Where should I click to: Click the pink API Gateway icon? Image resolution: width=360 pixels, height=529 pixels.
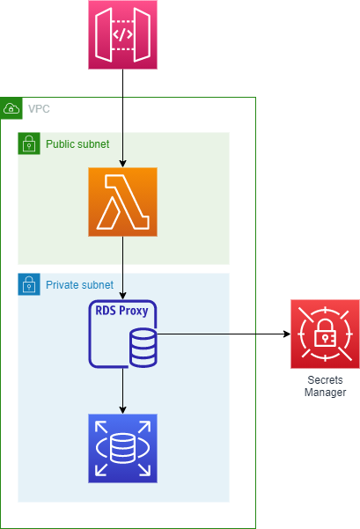click(123, 34)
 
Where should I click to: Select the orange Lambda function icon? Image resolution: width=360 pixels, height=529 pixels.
click(123, 202)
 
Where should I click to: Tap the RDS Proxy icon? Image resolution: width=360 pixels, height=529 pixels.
click(123, 334)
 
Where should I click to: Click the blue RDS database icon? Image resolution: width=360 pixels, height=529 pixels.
click(123, 448)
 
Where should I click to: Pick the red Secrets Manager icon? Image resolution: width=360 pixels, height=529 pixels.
click(326, 334)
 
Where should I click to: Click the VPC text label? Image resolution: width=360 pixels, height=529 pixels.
click(39, 109)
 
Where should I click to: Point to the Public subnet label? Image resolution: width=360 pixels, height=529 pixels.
click(77, 144)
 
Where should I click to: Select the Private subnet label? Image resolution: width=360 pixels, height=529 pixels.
click(79, 284)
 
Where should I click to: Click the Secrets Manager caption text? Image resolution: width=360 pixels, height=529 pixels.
click(326, 386)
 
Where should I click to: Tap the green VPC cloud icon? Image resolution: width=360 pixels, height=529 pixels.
click(11, 108)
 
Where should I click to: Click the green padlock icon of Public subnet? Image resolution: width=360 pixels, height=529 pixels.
click(29, 143)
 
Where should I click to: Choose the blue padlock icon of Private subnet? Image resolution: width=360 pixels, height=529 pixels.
click(29, 284)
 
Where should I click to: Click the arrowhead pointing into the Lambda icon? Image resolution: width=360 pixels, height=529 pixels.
click(123, 164)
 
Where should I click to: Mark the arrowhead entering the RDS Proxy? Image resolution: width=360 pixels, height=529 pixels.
click(123, 296)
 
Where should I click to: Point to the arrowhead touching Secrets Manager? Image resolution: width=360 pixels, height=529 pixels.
click(287, 334)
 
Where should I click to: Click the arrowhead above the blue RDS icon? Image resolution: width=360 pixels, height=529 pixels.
click(123, 410)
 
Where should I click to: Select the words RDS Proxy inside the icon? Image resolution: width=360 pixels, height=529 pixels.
click(121, 311)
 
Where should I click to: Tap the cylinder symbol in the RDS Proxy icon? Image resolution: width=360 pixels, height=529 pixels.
click(143, 348)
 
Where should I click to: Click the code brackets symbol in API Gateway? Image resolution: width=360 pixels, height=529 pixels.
click(122, 34)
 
